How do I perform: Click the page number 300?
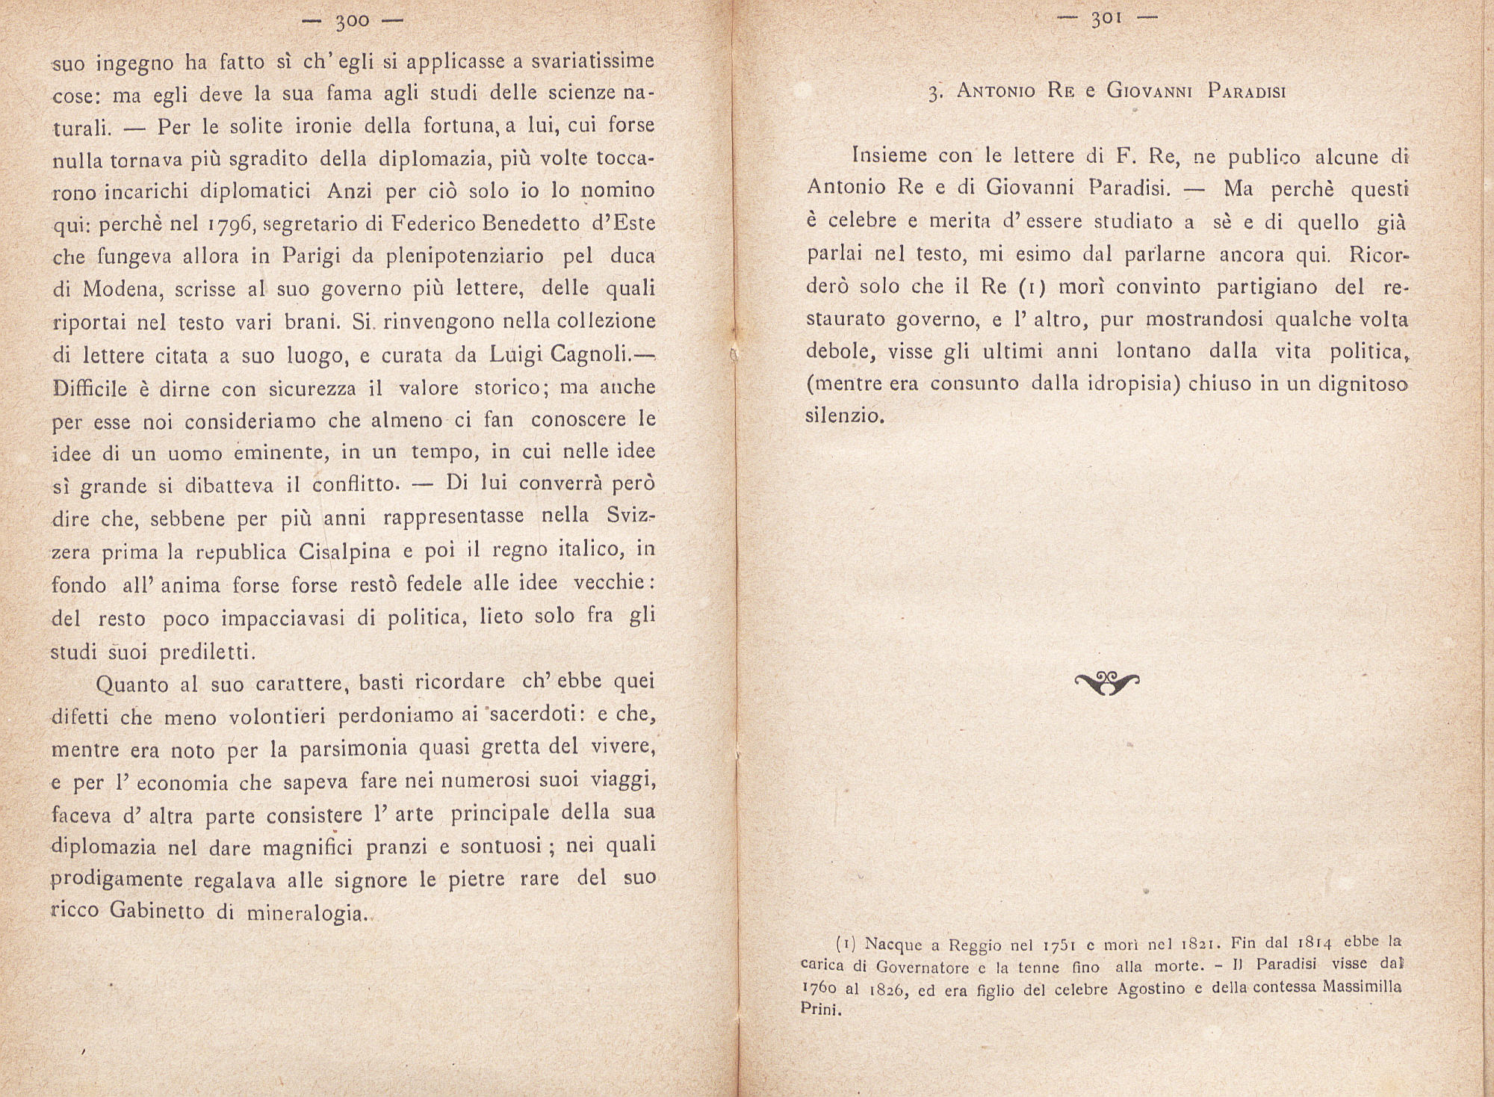352,21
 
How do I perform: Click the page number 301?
1107,19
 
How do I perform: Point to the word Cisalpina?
345,552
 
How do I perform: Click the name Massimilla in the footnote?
1362,987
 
